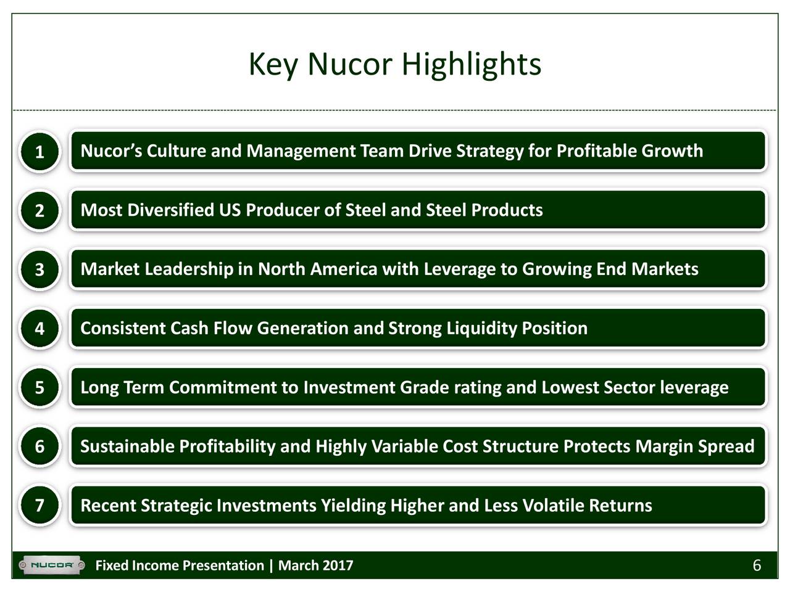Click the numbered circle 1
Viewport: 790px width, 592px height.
click(39, 152)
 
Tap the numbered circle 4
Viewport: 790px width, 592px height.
click(39, 329)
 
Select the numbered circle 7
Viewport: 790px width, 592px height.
click(39, 506)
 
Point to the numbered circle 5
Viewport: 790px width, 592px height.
click(39, 388)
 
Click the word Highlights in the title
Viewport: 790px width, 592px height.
click(472, 64)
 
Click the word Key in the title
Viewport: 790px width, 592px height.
click(273, 64)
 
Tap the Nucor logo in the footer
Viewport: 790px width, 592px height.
click(52, 565)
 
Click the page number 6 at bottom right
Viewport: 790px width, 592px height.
click(757, 565)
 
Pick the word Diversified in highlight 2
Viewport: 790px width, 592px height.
click(170, 210)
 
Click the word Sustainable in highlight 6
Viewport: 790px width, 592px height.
click(127, 446)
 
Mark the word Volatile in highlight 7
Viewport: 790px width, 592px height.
click(553, 506)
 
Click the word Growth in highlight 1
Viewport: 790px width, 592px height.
click(671, 151)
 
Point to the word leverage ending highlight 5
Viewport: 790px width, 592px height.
click(694, 388)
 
